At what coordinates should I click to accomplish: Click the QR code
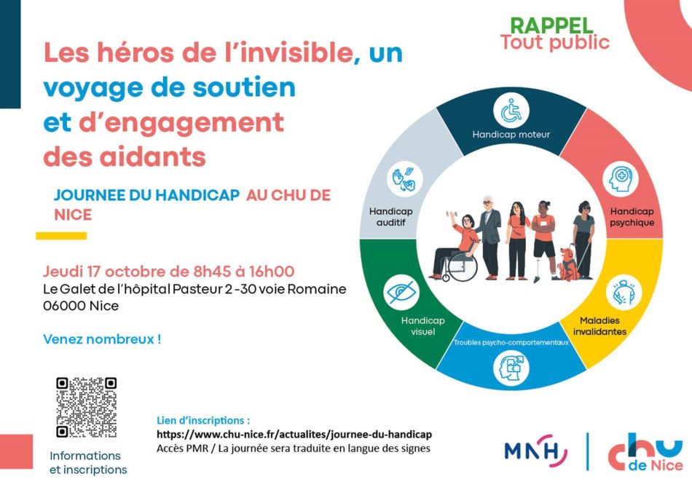87,407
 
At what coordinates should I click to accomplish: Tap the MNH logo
536,451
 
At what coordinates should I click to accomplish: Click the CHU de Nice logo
645,451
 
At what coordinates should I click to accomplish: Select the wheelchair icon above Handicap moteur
511,110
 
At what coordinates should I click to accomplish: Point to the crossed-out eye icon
401,292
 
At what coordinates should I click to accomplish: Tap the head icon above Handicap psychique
621,180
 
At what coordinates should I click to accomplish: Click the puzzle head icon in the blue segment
511,368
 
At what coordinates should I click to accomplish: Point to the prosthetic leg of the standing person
537,270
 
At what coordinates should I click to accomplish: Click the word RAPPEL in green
551,25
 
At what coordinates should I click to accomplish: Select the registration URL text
294,434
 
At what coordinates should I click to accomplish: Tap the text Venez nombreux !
102,339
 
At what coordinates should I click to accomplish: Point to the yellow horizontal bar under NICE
61,236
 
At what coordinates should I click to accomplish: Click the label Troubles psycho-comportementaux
511,342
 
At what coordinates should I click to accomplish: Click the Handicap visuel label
422,326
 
